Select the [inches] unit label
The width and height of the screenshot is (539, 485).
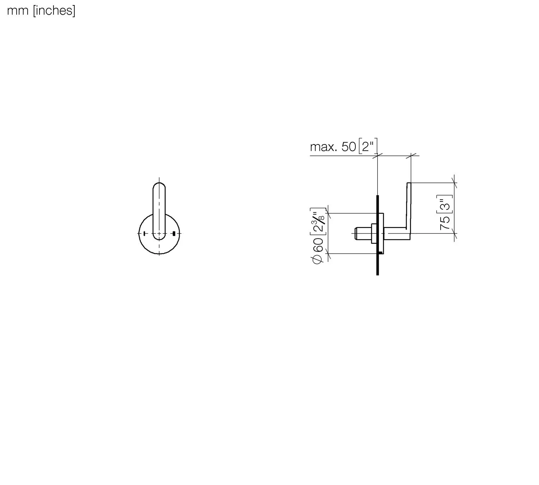pos(54,11)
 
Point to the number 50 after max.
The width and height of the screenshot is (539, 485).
pos(349,147)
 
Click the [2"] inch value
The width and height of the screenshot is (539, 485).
pos(368,146)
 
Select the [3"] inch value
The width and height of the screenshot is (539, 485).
pos(445,204)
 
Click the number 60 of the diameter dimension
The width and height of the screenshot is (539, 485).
pos(318,245)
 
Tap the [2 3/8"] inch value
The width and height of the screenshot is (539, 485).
pos(318,221)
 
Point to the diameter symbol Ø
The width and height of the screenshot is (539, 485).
pos(317,259)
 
